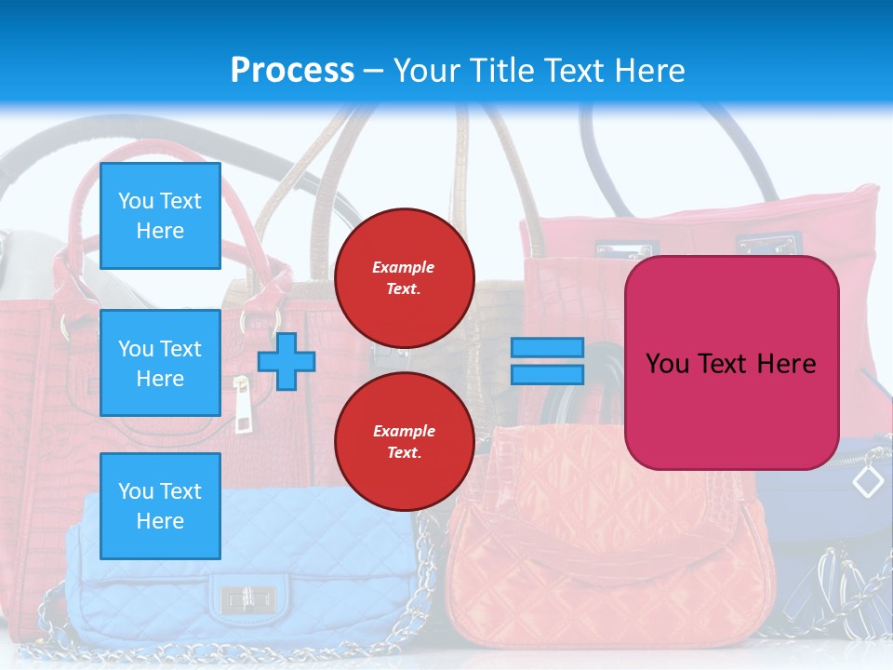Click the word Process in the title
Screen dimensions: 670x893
292,70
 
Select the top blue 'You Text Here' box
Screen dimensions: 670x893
160,216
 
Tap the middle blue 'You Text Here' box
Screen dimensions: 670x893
160,363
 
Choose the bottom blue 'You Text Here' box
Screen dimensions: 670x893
160,505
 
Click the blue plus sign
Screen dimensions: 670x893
287,361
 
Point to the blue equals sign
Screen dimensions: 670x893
547,361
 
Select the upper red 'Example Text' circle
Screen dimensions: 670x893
404,278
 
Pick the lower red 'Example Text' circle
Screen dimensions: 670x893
404,442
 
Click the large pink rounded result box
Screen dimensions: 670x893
731,363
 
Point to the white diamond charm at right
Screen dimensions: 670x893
868,481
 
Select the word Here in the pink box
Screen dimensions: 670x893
786,363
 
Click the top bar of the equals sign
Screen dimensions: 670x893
547,348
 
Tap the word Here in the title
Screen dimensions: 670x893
649,70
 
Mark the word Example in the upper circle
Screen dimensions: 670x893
404,267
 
